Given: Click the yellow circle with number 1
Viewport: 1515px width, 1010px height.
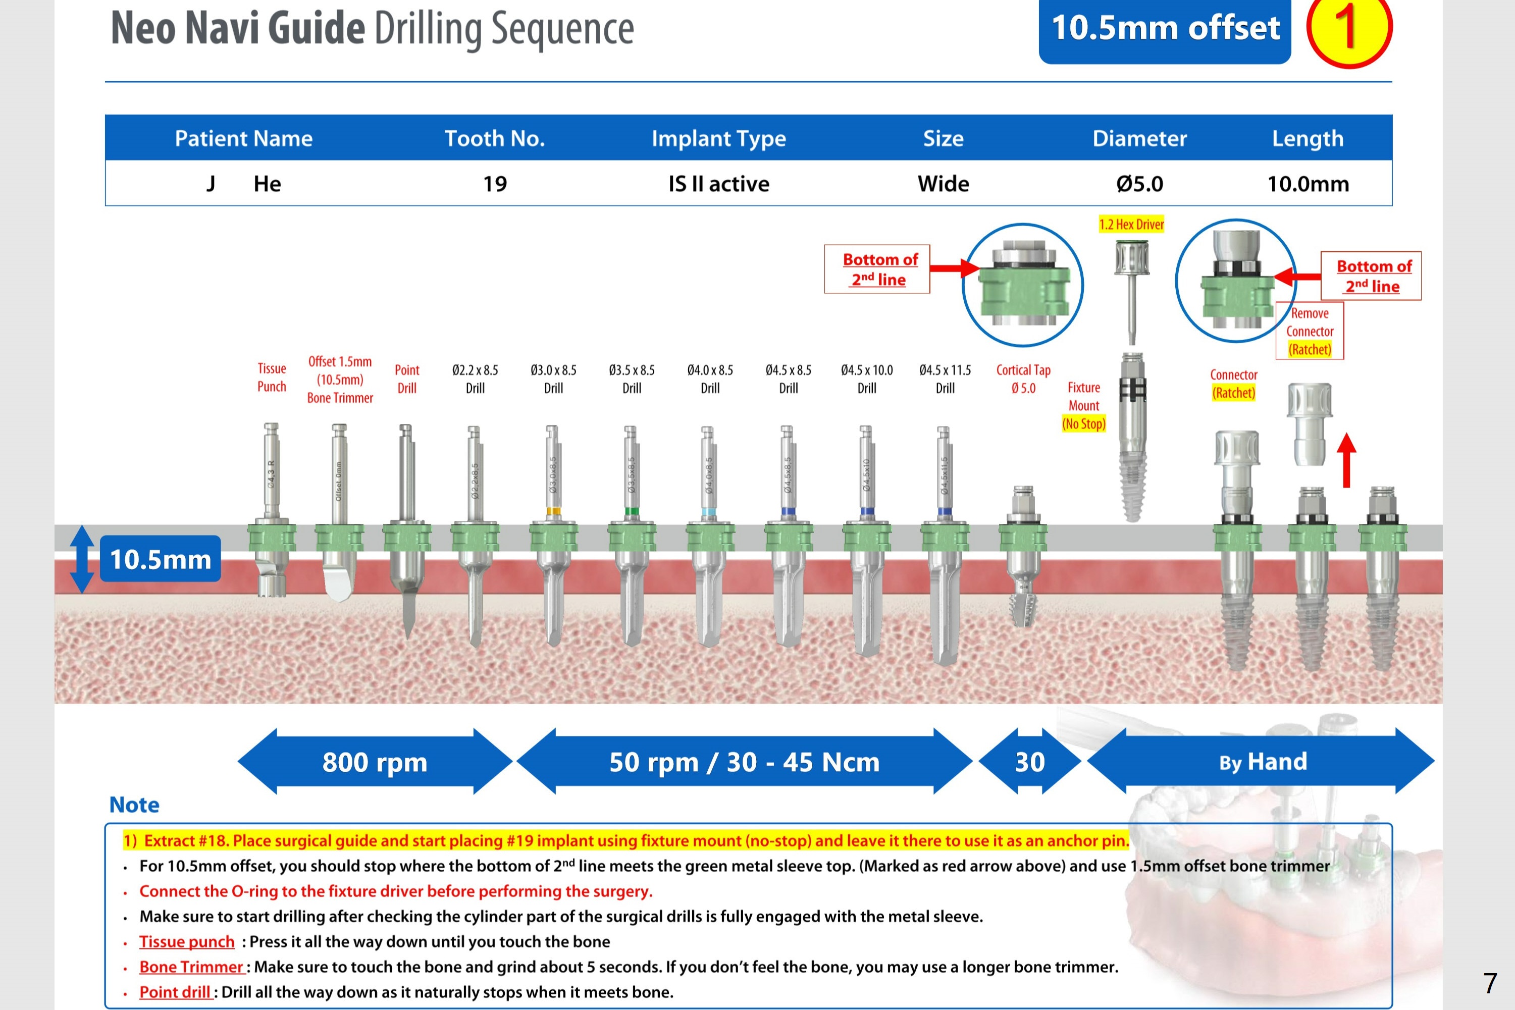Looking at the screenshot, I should tap(1349, 28).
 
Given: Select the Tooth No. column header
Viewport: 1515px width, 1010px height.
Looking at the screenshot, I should tap(495, 138).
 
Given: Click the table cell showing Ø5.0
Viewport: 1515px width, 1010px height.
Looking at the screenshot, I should tap(1139, 184).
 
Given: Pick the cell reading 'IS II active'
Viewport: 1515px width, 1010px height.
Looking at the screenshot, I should tap(718, 184).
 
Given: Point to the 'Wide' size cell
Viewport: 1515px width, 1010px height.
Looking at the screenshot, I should tap(943, 184).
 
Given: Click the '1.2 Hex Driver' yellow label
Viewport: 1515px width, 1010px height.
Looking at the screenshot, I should tap(1131, 224).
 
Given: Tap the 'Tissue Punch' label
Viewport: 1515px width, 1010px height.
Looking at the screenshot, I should tap(272, 378).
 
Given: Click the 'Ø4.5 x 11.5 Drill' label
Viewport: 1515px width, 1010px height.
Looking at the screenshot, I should tap(945, 379).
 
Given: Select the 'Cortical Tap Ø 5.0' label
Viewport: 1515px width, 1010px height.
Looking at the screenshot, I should tap(1023, 379).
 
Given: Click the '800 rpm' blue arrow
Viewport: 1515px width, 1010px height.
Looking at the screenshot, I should tap(375, 762).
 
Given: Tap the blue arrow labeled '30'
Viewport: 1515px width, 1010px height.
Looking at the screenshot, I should tap(1029, 762).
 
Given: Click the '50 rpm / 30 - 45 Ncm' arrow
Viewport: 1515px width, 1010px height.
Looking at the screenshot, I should tap(744, 762).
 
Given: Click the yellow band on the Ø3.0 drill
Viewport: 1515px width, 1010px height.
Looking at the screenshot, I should tap(553, 511).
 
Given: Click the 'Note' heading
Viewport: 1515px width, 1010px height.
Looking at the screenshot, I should tap(134, 805).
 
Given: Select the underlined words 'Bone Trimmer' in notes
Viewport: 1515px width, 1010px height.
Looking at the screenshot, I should tap(191, 967).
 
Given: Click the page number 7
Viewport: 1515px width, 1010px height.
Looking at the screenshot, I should tap(1489, 984).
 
